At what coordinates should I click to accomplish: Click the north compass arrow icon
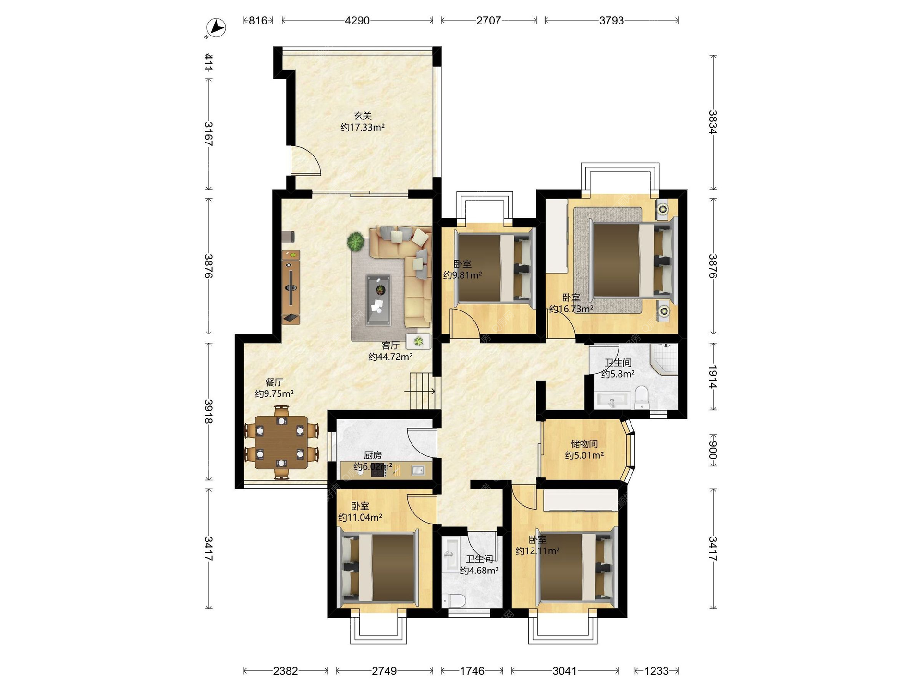(216, 27)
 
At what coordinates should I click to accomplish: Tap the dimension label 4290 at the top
(357, 21)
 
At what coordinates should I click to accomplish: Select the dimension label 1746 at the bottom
(472, 671)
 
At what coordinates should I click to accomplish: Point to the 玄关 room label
(363, 116)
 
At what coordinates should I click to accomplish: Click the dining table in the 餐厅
(281, 442)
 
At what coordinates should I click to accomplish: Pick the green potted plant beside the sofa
(356, 241)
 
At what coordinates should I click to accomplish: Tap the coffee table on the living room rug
(378, 300)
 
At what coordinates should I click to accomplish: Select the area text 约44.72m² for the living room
(390, 357)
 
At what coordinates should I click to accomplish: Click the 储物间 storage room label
(584, 443)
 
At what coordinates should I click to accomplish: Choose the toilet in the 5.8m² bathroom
(642, 398)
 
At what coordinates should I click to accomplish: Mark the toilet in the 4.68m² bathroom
(454, 600)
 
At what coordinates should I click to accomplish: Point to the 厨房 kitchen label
(373, 455)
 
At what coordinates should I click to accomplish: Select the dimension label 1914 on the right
(713, 377)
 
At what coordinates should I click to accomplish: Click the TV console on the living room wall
(291, 287)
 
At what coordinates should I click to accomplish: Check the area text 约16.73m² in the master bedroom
(571, 309)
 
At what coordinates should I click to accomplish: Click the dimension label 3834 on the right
(713, 122)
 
